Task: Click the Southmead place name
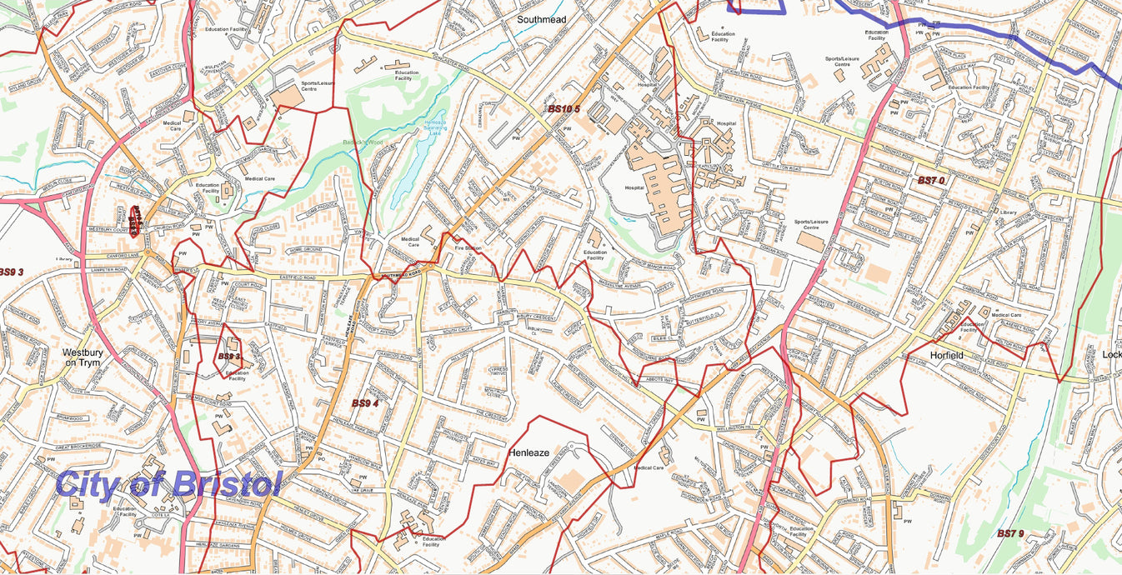point(542,18)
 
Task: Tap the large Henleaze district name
point(528,452)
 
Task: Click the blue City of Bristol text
point(169,484)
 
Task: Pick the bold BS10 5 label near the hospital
point(564,109)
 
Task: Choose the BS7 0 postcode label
point(931,181)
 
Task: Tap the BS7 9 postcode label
point(1010,533)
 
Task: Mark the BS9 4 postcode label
point(365,403)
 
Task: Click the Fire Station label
point(468,248)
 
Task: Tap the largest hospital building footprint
point(663,187)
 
